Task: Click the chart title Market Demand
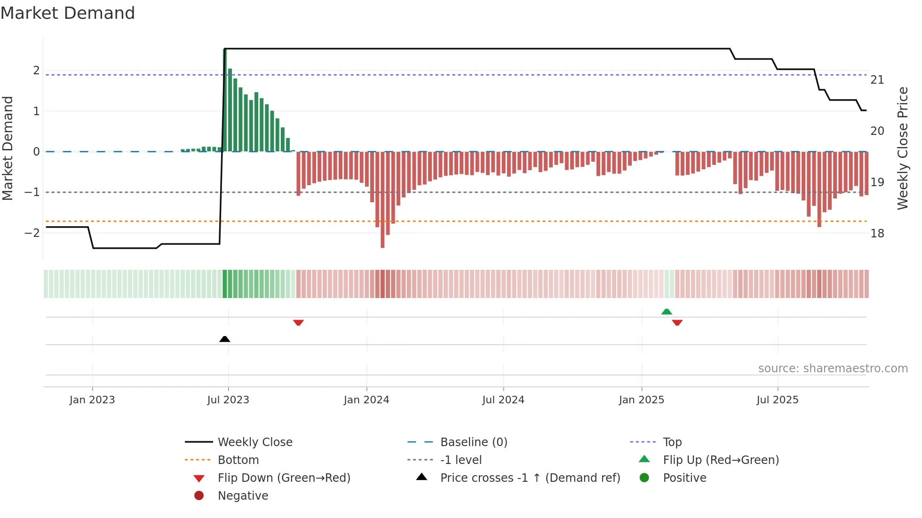68,13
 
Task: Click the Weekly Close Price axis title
902,148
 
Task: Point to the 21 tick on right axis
877,80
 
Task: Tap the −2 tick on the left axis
32,233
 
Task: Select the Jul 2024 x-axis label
503,400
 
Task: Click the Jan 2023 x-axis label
92,400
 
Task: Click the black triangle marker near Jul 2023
225,339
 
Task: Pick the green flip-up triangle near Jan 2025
667,311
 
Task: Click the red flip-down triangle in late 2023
298,322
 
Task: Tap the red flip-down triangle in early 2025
677,322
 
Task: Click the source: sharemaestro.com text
833,368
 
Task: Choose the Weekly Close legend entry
254,442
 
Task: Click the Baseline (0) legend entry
473,442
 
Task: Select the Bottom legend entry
238,460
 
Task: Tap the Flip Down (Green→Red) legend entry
284,478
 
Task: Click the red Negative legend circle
199,495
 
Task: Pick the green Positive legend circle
644,478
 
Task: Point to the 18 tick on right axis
877,233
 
